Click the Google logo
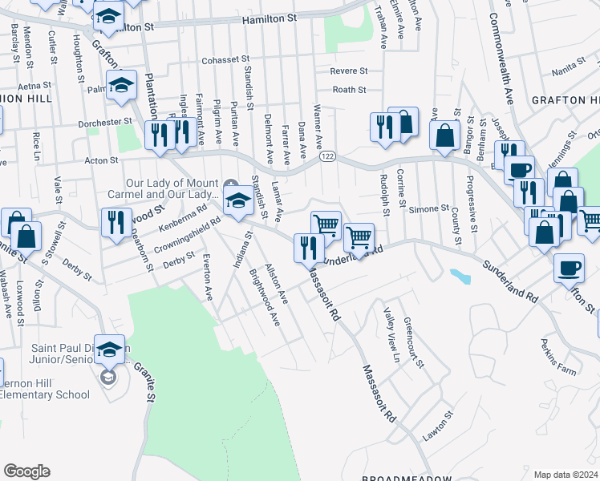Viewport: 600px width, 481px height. point(26,471)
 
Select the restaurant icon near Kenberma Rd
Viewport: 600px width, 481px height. point(116,222)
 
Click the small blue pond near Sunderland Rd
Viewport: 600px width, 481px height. point(461,277)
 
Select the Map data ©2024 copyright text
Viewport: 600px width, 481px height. point(566,475)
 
